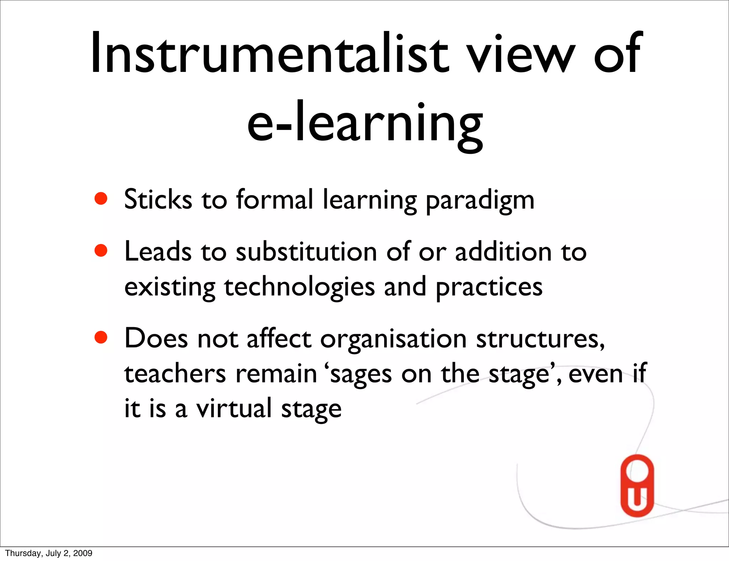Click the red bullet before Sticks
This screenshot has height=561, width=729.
pos(101,199)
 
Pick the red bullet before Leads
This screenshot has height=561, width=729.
pos(101,250)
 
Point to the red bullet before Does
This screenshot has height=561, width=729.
pos(101,337)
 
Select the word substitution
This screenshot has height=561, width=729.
pos(306,252)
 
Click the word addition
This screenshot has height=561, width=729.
pos(503,252)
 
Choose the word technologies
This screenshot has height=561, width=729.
pos(299,287)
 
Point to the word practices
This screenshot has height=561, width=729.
pos(489,287)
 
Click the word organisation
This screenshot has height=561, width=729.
pos(393,339)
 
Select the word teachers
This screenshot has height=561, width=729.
pos(175,373)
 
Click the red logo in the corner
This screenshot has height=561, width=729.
pos(637,486)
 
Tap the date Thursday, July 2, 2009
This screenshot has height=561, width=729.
pos(49,553)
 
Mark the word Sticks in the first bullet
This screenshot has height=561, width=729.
pos(158,199)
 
